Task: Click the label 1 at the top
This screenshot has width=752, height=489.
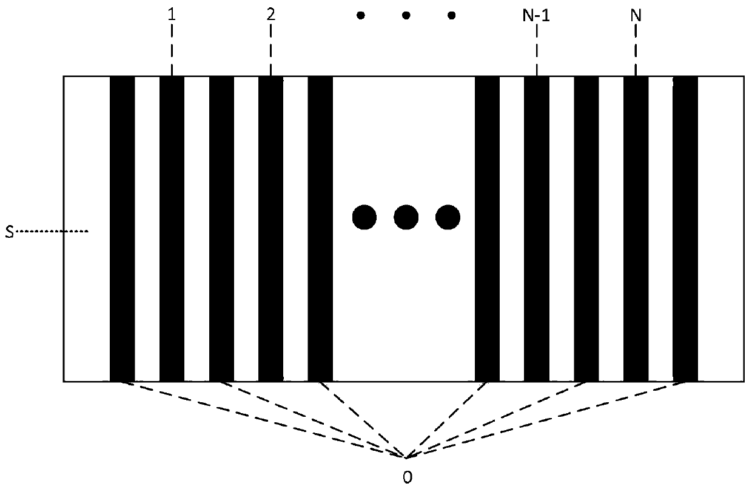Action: click(172, 14)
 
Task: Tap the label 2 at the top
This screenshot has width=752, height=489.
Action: click(270, 14)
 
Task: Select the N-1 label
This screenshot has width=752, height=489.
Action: click(536, 15)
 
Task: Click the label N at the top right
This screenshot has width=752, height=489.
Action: click(636, 15)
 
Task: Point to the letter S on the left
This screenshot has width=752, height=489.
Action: click(9, 232)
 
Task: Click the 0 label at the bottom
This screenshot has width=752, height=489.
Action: click(408, 477)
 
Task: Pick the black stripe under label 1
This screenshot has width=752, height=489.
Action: click(172, 229)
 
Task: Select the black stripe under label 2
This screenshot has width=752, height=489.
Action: click(270, 229)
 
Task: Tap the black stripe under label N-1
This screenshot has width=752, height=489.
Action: click(537, 229)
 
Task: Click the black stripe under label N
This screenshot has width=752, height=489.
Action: click(636, 229)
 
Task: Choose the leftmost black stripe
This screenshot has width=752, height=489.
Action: click(122, 229)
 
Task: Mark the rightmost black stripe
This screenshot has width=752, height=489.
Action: click(685, 229)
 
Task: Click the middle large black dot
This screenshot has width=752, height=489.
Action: click(406, 217)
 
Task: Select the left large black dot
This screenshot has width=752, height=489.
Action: click(364, 217)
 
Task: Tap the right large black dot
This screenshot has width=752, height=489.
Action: click(448, 217)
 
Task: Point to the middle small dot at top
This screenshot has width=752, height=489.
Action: click(406, 16)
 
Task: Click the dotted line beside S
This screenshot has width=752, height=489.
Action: click(52, 231)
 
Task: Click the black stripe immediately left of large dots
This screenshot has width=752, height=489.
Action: click(320, 229)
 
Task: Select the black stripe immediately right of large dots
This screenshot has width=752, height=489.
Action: click(487, 229)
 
